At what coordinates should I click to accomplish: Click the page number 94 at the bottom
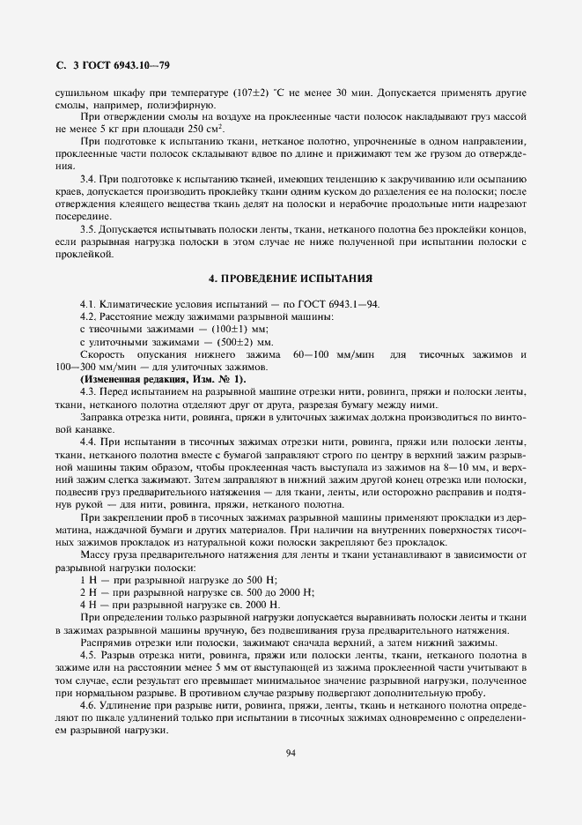coord(290,753)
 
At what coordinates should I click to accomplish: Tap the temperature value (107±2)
coord(255,93)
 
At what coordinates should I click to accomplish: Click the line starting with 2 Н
coord(190,592)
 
